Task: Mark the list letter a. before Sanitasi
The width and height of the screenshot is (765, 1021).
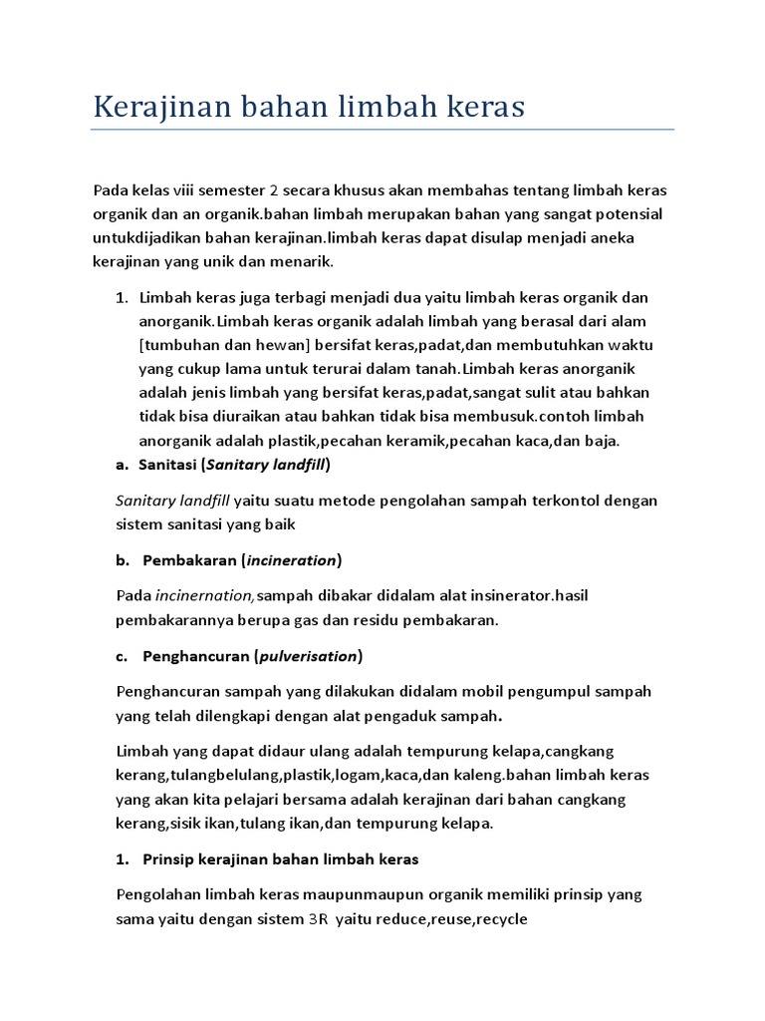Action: [x=123, y=465]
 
